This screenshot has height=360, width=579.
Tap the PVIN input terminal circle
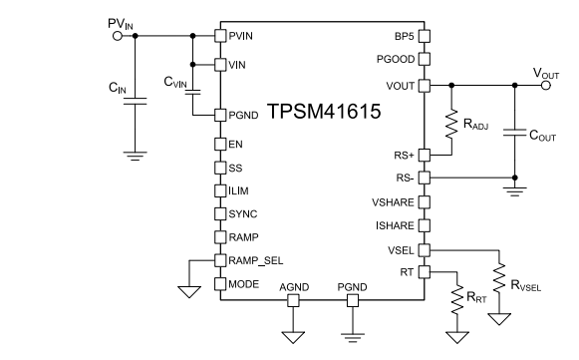click(118, 36)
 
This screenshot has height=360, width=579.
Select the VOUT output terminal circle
click(543, 86)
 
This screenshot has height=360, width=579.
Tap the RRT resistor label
click(475, 296)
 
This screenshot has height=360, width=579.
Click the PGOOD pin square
click(423, 61)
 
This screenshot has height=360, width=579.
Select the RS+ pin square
click(423, 155)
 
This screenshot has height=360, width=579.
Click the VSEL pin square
click(423, 249)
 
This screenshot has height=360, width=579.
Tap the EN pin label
click(236, 144)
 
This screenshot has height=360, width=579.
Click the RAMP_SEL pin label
click(255, 261)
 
